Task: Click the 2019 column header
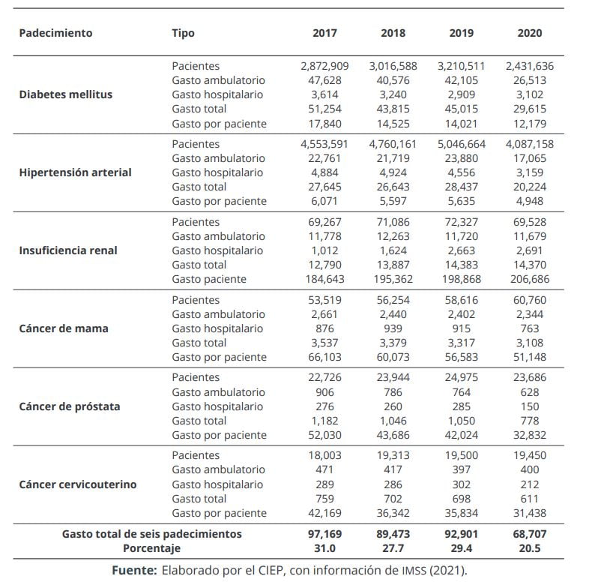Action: tap(461, 33)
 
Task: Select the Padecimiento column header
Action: tap(55, 33)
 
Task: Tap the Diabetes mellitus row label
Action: tap(66, 94)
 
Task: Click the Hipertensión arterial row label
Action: tap(75, 172)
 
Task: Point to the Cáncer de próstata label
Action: tap(70, 406)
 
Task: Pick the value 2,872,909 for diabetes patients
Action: tap(324, 66)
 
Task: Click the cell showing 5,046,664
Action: tap(461, 144)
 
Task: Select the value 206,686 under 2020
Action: tap(530, 279)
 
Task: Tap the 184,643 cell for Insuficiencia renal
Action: tap(324, 279)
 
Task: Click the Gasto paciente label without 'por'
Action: tap(209, 279)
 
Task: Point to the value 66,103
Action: tap(324, 357)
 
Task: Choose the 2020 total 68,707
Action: tap(530, 534)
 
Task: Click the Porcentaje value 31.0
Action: tap(324, 548)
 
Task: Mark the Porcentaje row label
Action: tap(152, 548)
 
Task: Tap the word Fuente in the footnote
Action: tap(134, 571)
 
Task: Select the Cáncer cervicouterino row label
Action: tap(78, 484)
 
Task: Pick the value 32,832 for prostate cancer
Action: tap(530, 435)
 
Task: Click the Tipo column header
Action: tap(183, 34)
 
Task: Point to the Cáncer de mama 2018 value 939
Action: tap(393, 328)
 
